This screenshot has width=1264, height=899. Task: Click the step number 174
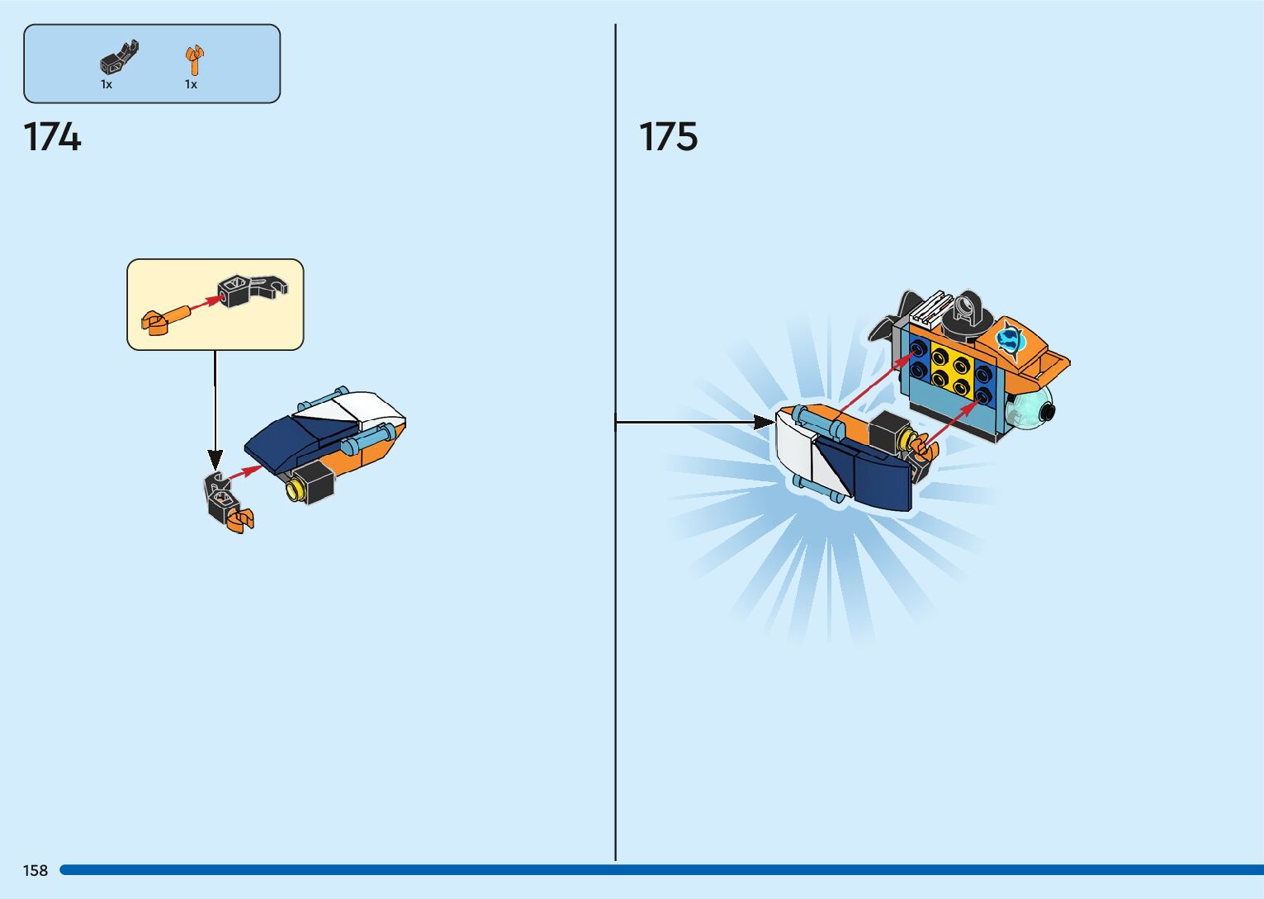click(x=52, y=137)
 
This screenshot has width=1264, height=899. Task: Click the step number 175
click(x=668, y=137)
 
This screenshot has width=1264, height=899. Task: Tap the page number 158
click(x=36, y=870)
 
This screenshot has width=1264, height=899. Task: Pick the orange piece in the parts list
click(x=193, y=60)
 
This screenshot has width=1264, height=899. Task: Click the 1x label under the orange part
click(x=191, y=84)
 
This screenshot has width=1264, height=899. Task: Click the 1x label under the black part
click(x=107, y=84)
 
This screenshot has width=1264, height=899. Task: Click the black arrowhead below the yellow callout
click(x=215, y=458)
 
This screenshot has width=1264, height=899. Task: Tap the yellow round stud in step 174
click(x=294, y=491)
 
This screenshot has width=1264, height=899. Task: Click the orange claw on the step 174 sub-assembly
click(x=242, y=519)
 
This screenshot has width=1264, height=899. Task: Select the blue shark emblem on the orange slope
click(x=1009, y=338)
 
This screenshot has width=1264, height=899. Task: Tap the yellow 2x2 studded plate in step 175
click(x=950, y=371)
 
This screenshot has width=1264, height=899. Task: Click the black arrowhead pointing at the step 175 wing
click(x=764, y=423)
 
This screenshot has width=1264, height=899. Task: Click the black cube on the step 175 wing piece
click(x=888, y=433)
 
